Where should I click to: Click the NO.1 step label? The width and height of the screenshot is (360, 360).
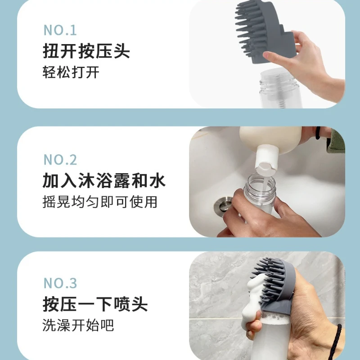(60, 30)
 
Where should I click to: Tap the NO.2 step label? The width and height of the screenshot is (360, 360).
(60, 159)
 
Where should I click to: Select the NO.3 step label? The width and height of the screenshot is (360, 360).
(60, 283)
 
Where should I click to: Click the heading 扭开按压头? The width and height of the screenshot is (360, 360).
(86, 51)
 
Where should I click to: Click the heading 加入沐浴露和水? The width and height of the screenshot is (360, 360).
(104, 181)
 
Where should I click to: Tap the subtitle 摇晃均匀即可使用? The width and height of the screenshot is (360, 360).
(100, 202)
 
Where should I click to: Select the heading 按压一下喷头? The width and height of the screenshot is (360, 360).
(95, 305)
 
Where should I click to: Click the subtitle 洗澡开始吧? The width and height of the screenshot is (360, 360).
(78, 325)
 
